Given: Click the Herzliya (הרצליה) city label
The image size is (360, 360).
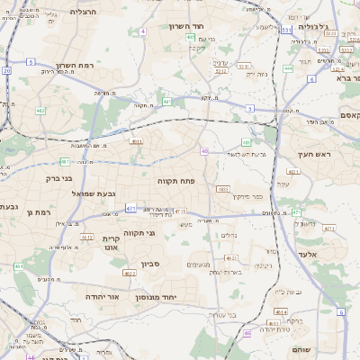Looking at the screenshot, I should tap(82, 12).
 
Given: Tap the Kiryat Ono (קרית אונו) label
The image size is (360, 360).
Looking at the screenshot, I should tap(111, 243).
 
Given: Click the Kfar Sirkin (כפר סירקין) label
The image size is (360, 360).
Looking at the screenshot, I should tap(245, 195).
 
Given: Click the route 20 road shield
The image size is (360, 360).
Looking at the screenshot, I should tap(6, 69).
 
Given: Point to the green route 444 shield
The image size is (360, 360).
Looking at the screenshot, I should tap(288, 67).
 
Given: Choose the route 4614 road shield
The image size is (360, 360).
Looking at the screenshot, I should tap(282, 311).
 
